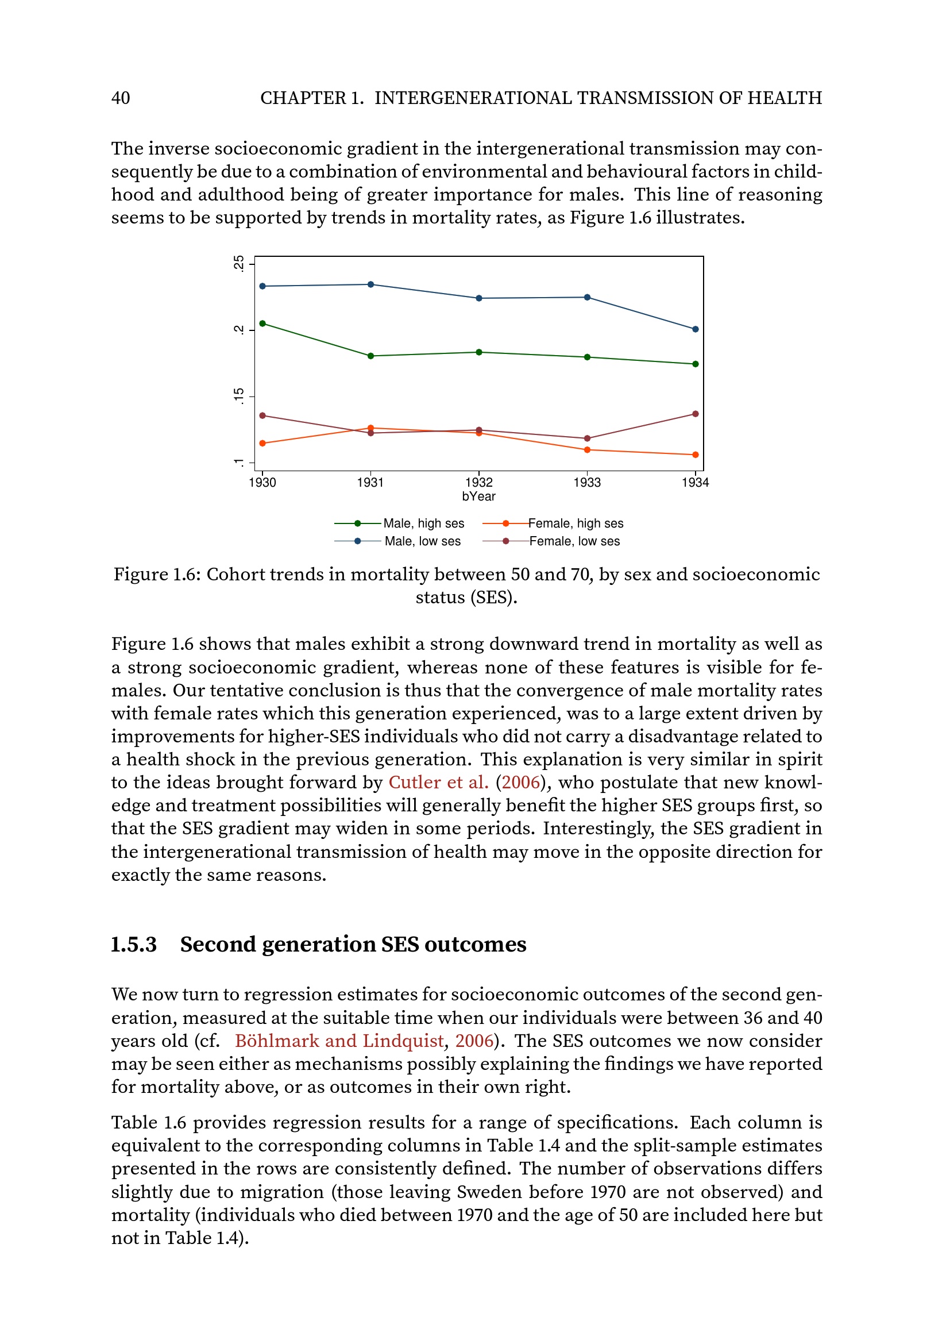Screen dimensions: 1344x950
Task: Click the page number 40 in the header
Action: point(121,98)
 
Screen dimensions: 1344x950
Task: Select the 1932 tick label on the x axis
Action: point(478,482)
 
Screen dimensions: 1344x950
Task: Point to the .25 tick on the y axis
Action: point(238,263)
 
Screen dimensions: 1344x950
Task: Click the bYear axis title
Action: point(478,496)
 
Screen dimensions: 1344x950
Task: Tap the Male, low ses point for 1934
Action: point(695,330)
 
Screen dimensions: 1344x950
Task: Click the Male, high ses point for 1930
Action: point(262,324)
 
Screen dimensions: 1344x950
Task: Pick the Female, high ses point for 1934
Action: point(695,455)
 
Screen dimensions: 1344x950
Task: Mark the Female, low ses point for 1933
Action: point(588,438)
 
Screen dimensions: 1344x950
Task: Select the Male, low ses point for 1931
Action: point(371,284)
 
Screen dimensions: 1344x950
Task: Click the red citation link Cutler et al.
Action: point(438,783)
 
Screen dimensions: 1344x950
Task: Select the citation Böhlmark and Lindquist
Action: point(339,1041)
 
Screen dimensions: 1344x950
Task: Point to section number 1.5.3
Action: point(134,945)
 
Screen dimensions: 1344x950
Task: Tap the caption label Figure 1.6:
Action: point(157,575)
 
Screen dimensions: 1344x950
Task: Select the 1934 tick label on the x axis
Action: point(695,482)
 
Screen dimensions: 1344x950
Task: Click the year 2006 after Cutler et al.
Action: point(520,783)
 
